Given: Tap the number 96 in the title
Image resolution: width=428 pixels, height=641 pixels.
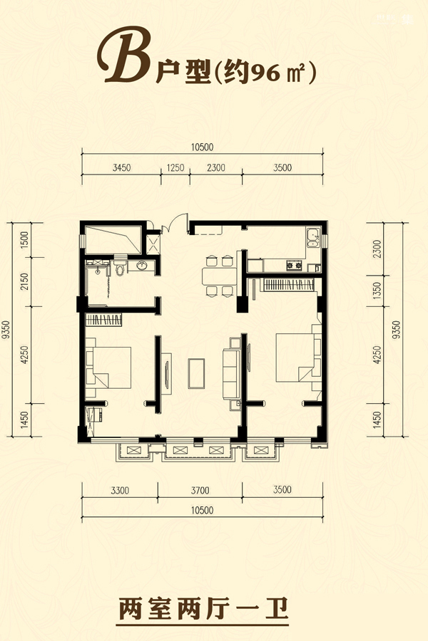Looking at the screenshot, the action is click(x=267, y=73).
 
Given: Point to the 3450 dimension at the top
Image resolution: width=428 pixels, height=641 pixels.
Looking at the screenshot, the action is click(x=122, y=167).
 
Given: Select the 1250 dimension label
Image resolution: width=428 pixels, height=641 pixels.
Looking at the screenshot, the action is click(x=175, y=167).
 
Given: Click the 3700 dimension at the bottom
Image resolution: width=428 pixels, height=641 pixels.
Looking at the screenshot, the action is click(x=200, y=490).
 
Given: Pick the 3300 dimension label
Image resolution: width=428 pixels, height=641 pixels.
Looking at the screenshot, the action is click(x=120, y=490).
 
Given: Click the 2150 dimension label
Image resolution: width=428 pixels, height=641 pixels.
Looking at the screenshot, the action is click(x=24, y=281).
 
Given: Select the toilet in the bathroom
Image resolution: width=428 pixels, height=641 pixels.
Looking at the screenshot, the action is click(x=120, y=267).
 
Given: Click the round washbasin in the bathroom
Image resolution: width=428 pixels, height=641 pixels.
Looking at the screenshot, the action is click(x=142, y=266).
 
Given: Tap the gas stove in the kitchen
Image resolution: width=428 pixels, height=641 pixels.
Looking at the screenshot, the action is click(x=294, y=266).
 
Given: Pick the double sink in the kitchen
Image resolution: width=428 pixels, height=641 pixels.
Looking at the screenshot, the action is click(x=314, y=238).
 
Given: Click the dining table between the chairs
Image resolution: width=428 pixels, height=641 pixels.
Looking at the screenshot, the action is click(x=220, y=276).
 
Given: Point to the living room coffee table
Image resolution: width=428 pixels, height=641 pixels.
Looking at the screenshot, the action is click(x=197, y=374).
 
